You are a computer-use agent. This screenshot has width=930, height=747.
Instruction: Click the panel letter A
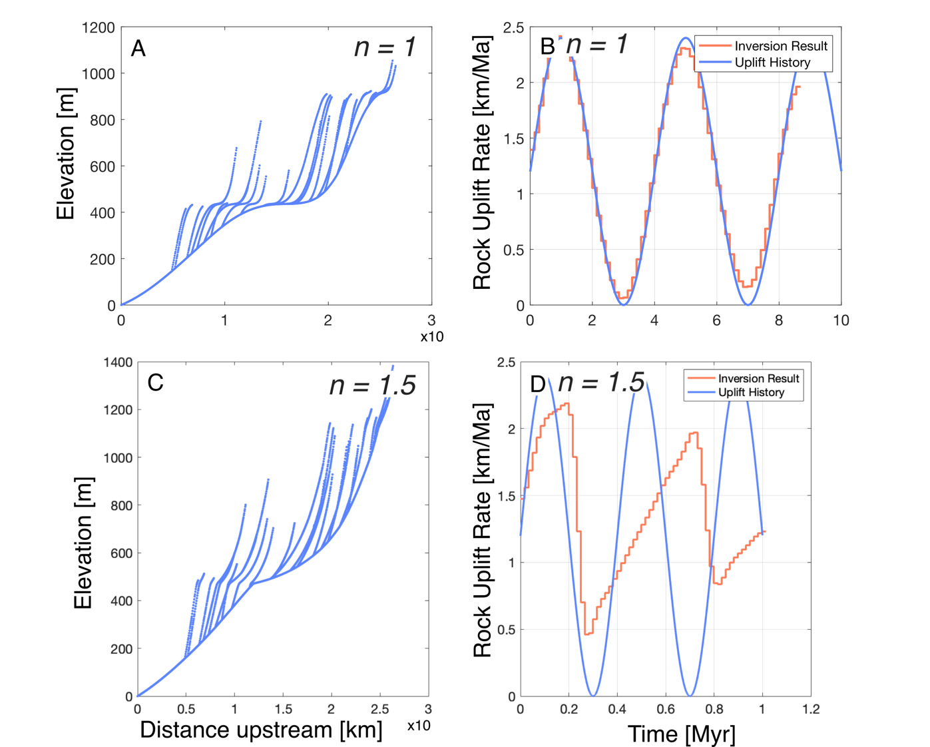[x=138, y=49]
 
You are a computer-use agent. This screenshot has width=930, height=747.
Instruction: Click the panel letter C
[x=155, y=383]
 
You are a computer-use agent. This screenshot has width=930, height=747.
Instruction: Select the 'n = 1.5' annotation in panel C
[x=372, y=385]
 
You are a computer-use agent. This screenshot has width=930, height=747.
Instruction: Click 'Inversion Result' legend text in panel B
[x=780, y=46]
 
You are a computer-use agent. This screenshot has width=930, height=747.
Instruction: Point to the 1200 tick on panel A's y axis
[x=99, y=28]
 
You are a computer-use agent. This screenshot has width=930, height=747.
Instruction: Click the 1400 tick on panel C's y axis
[x=118, y=363]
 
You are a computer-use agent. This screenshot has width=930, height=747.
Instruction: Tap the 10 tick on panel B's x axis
[x=840, y=320]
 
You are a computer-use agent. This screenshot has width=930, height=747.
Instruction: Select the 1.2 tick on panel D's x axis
[x=811, y=710]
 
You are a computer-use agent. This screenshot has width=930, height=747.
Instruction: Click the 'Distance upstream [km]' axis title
[x=261, y=730]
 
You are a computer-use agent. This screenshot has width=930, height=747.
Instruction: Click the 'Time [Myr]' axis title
[x=681, y=734]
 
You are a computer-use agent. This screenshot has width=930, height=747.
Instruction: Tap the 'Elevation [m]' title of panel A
[x=65, y=154]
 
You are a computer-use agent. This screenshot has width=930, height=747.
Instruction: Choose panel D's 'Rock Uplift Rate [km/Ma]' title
[x=482, y=530]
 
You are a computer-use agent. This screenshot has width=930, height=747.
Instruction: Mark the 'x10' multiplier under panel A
[x=431, y=337]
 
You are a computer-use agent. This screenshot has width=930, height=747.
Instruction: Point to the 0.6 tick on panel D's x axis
[x=666, y=710]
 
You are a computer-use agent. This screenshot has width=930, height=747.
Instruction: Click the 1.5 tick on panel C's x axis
[x=283, y=709]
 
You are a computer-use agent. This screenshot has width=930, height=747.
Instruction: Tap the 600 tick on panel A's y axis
[x=103, y=166]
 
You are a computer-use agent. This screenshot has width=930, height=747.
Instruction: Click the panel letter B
[x=547, y=47]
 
